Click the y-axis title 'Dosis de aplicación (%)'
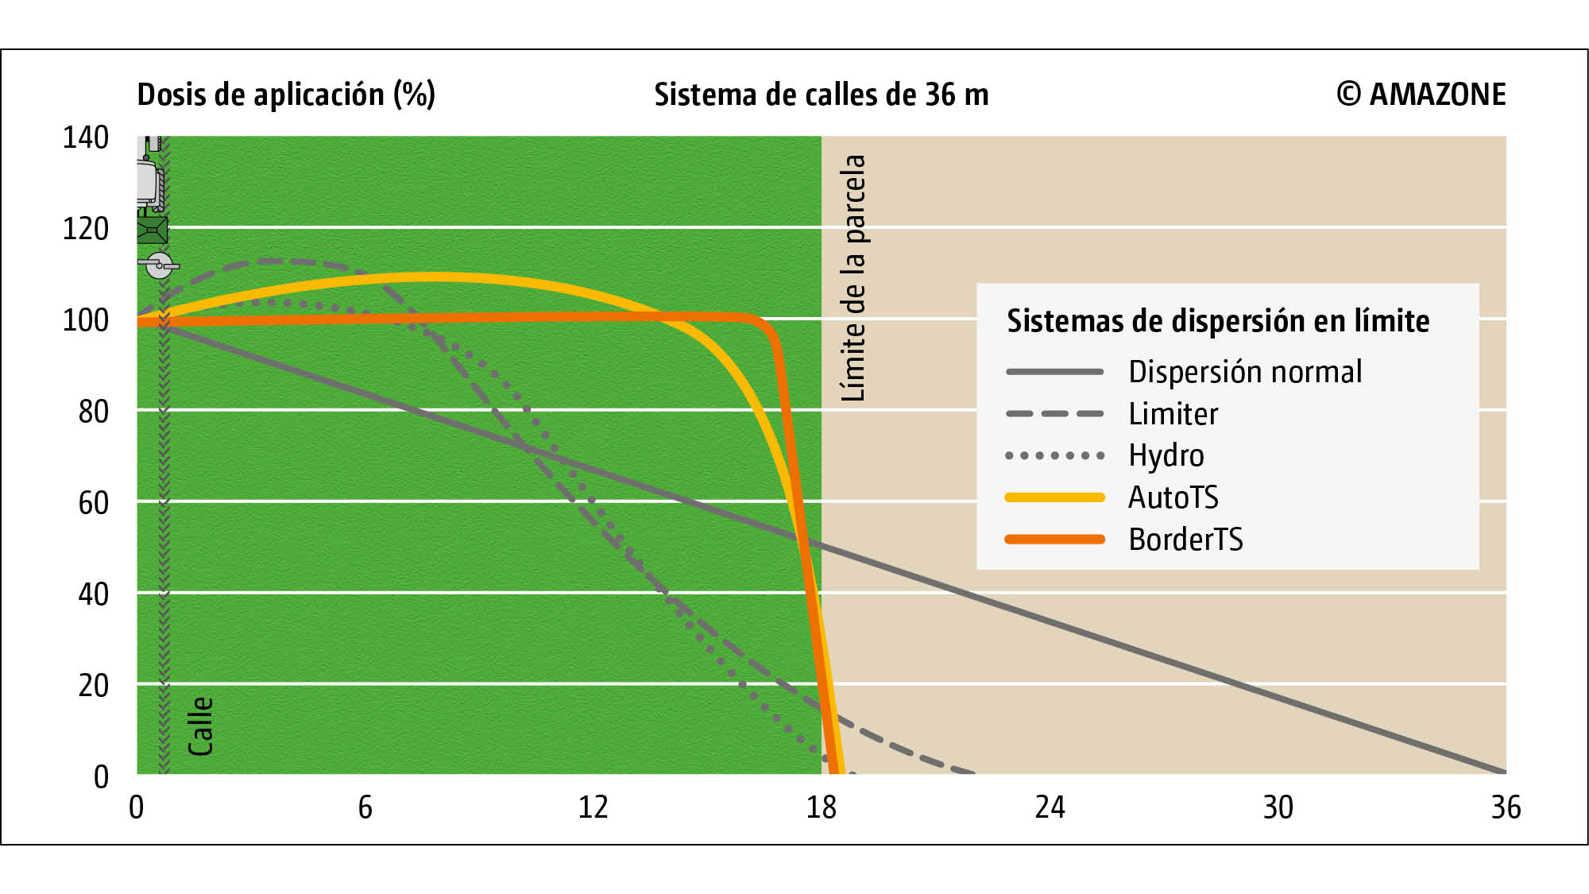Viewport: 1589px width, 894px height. point(286,95)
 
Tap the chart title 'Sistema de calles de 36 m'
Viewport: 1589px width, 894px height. point(821,95)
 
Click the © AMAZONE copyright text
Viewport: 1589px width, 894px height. point(1421,95)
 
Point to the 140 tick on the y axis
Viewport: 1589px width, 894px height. point(86,137)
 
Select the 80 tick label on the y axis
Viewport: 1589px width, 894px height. point(93,412)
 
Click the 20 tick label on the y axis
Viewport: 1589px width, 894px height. point(93,685)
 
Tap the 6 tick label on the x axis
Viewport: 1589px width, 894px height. point(365,807)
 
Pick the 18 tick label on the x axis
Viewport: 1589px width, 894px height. point(821,807)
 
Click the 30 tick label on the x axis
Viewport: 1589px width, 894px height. point(1278,807)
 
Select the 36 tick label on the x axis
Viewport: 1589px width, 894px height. point(1506,807)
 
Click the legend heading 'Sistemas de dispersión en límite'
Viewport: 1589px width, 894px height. point(1217,321)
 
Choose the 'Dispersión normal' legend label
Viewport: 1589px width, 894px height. point(1245,372)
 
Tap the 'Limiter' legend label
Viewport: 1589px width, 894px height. point(1173,414)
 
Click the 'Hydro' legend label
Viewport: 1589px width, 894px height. point(1166,455)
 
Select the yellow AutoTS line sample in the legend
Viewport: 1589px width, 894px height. point(1054,497)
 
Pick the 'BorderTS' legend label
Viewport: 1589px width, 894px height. point(1185,540)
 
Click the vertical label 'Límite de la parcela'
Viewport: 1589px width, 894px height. point(853,277)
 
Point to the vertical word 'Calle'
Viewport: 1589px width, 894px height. point(200,726)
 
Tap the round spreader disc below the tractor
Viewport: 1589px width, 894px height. point(159,265)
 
